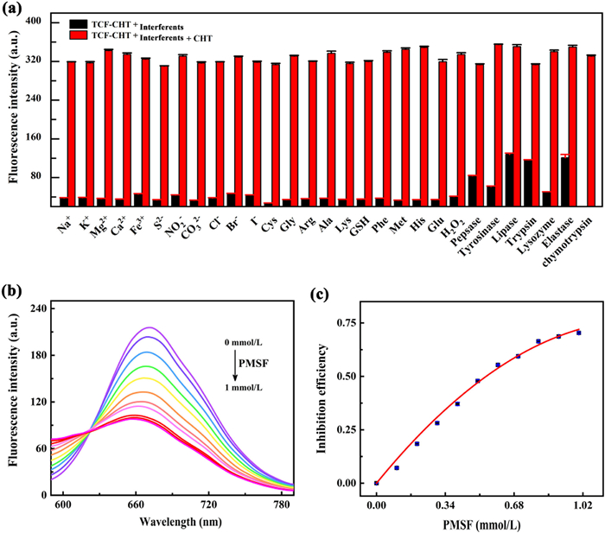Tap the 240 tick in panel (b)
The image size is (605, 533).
tap(39, 308)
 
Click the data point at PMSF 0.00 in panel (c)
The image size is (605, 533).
tap(376, 483)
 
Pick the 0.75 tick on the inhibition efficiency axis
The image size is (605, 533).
tap(346, 323)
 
